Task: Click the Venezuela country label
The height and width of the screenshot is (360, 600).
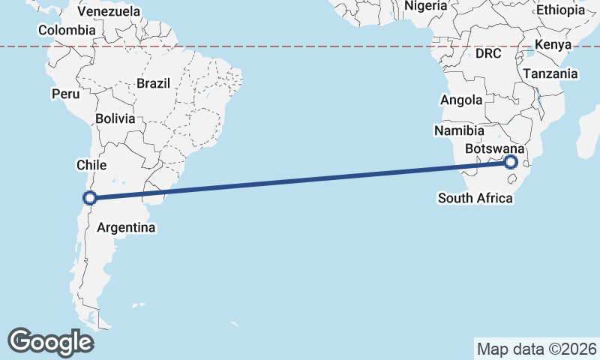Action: (x=109, y=11)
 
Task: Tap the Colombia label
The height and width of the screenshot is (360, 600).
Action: (x=67, y=30)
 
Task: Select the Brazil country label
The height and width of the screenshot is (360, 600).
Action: (x=154, y=83)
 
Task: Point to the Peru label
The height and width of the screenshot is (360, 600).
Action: (x=65, y=94)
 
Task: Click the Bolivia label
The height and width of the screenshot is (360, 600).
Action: (x=115, y=118)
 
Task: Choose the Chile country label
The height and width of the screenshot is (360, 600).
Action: (x=91, y=164)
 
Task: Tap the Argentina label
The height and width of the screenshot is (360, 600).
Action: (x=126, y=227)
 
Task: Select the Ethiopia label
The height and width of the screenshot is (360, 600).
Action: (x=560, y=10)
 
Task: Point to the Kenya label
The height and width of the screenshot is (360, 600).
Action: (x=553, y=45)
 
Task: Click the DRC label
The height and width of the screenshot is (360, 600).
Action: (x=488, y=53)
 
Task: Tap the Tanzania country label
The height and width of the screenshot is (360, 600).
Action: (x=550, y=73)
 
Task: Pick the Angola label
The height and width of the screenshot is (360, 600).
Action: (x=461, y=100)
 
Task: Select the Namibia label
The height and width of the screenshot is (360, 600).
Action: (x=459, y=130)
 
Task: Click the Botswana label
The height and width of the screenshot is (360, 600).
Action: (x=494, y=149)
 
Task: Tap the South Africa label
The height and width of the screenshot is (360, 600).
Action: (x=475, y=198)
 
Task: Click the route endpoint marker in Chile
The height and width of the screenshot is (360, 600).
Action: (x=90, y=198)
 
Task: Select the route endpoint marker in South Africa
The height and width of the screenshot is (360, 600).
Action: (x=511, y=162)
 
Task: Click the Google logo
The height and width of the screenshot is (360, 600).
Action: (x=50, y=341)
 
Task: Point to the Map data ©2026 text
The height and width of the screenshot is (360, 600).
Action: (x=537, y=349)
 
